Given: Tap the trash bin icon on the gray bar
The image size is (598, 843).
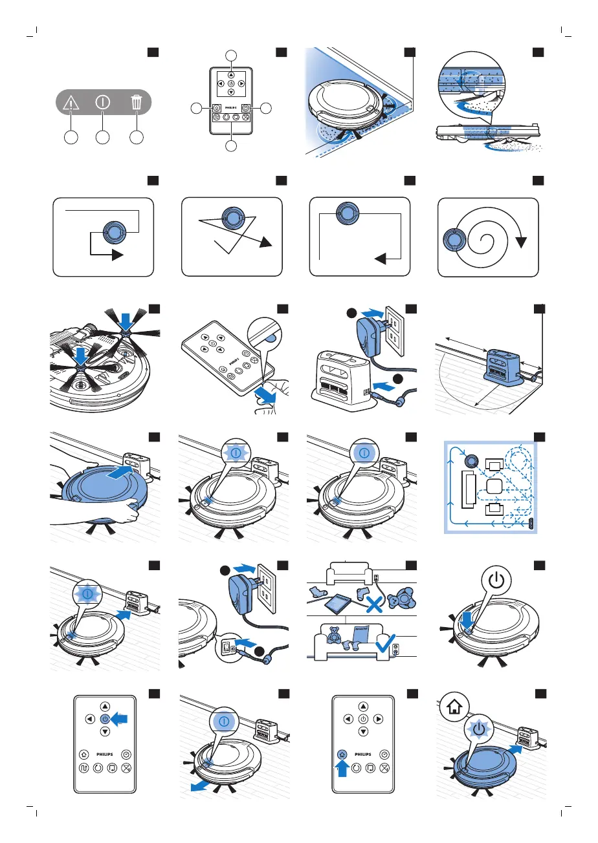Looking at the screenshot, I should [136, 102].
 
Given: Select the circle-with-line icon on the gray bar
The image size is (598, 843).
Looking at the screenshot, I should [104, 102].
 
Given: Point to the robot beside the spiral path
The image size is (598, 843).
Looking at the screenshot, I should [452, 240].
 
